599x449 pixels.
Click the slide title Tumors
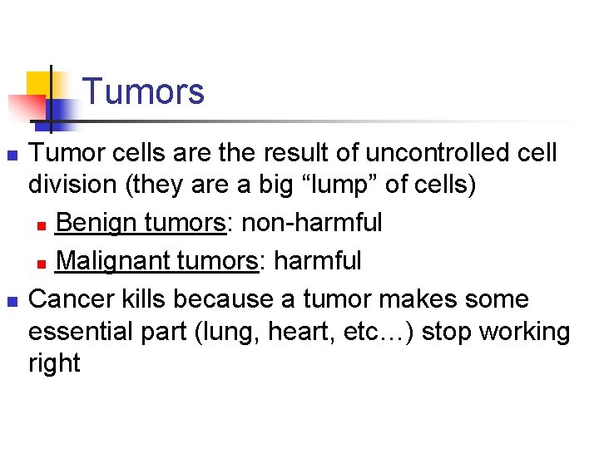143,91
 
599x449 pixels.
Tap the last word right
54,363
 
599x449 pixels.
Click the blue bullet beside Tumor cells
11,155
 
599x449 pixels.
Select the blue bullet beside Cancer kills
11,300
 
